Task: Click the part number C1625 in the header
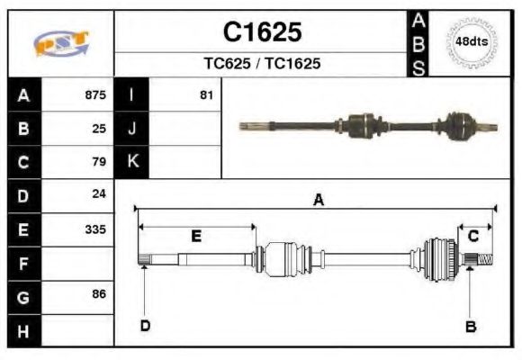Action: tap(262, 32)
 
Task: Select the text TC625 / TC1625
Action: tap(262, 65)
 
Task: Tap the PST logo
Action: tap(61, 43)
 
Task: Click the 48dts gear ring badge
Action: tap(472, 42)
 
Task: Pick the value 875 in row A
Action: tap(95, 94)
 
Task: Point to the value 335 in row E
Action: tap(95, 229)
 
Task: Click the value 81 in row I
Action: tap(206, 94)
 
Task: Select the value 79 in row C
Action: tap(99, 162)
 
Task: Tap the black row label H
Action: tap(23, 331)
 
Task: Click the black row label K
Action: tap(132, 162)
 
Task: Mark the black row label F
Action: tap(23, 264)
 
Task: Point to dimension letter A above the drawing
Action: tap(318, 201)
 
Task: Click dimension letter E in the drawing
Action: tap(196, 236)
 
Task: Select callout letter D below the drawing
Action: tap(145, 326)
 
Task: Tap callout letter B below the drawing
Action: tap(470, 326)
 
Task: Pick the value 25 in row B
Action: tap(99, 129)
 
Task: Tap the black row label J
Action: tap(132, 129)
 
